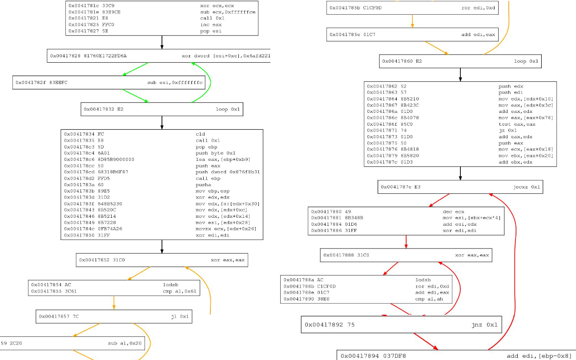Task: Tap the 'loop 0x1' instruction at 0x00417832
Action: (228, 109)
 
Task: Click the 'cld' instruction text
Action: (200, 134)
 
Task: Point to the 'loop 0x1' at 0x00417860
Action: (526, 61)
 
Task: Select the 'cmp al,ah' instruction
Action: (426, 298)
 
